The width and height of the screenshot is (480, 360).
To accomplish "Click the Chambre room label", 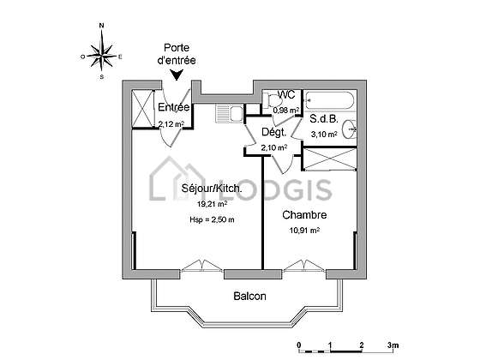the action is coord(304,215).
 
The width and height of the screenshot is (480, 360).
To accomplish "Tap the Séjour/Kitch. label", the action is coord(212,188).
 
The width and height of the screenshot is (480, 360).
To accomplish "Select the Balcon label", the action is coord(249,296).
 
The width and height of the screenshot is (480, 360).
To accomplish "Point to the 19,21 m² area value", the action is coord(213,204).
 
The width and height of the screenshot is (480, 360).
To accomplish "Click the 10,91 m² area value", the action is coord(304,231).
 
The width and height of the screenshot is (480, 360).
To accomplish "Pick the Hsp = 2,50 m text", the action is coord(212,219).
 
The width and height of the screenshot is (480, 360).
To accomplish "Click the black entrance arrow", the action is coord(177,75).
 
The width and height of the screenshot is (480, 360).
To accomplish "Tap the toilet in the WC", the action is coord(273,100).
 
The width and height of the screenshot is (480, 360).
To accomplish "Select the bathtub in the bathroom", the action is coord(330,100).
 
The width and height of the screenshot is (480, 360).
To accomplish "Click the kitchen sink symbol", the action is coord(230,113).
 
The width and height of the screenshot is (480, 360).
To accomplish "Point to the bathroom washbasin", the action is coord(350,129).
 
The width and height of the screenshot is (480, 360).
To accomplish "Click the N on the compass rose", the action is coord(102,26).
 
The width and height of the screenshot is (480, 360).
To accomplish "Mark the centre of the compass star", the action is coord(102,56).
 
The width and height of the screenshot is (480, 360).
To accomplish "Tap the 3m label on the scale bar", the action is coord(393,345).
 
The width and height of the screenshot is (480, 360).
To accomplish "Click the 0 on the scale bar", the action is coord(299,345).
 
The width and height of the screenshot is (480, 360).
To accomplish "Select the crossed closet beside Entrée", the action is coord(142,108).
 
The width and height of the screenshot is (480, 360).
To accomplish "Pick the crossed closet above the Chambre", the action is coord(331,159).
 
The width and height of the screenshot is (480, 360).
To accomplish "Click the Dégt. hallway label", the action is coord(274,132).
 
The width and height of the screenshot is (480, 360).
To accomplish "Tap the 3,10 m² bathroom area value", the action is coord(324,134).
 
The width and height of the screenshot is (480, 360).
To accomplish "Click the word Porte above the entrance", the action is coord(177,48).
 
